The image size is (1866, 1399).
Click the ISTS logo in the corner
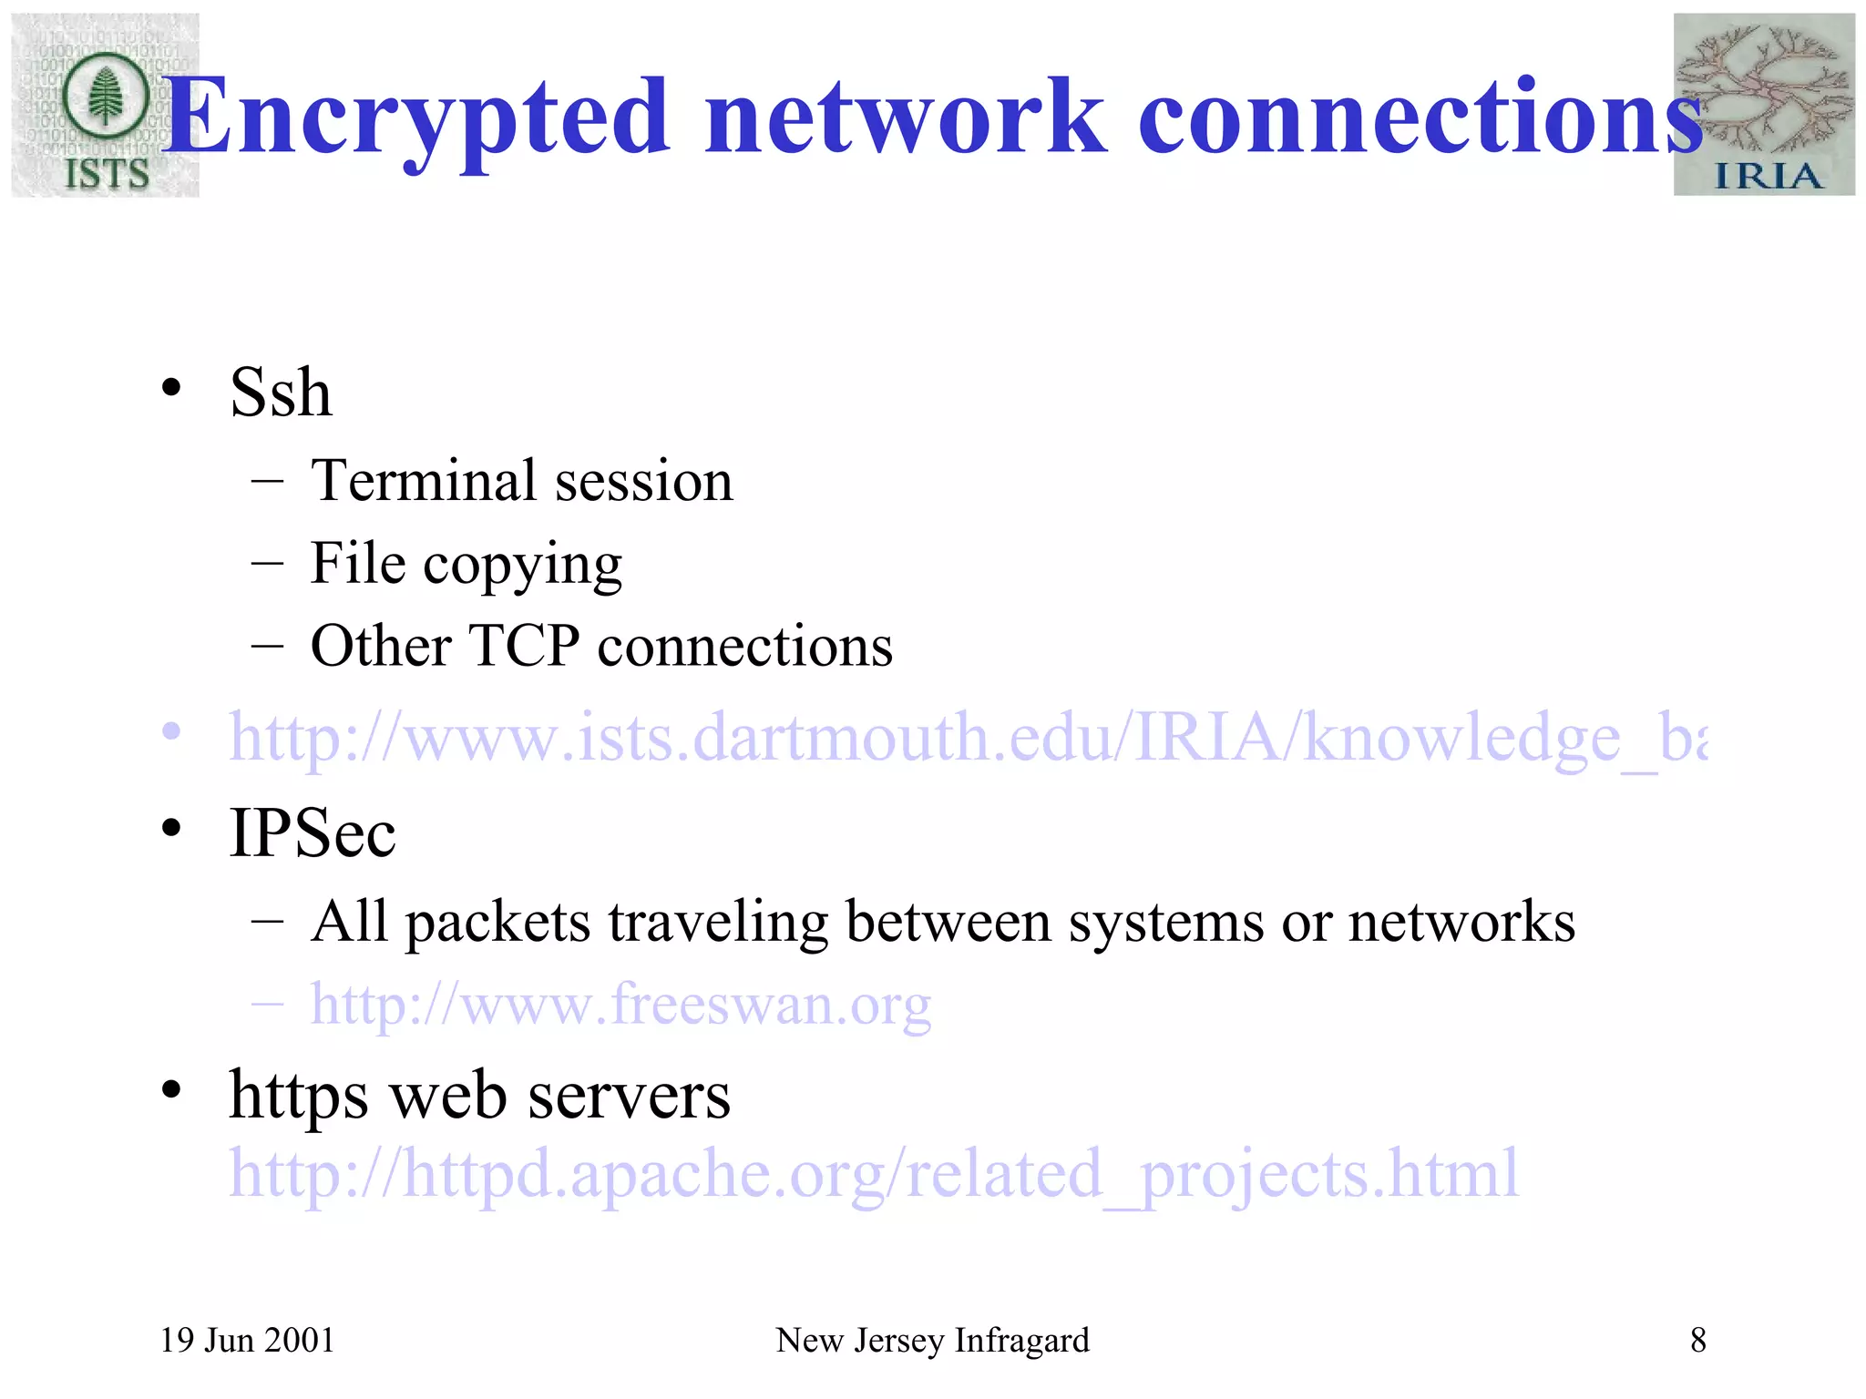(x=105, y=105)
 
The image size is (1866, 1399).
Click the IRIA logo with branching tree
(x=1764, y=105)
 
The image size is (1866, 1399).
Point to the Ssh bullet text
(x=281, y=393)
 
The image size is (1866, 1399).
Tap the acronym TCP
(x=524, y=646)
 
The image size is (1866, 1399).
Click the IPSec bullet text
(x=313, y=832)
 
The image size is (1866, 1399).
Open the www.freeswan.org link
(x=620, y=1005)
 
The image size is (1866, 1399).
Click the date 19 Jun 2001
(x=247, y=1340)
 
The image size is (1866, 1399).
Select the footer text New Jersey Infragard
(x=932, y=1340)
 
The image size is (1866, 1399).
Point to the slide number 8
(x=1697, y=1340)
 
